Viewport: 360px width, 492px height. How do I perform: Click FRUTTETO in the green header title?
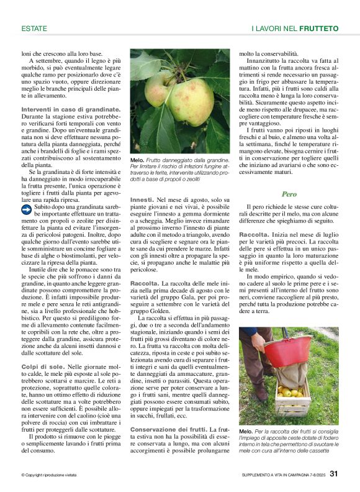click(x=318, y=29)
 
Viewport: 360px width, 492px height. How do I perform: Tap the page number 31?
click(x=334, y=475)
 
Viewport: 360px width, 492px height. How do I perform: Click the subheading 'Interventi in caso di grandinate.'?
click(x=71, y=109)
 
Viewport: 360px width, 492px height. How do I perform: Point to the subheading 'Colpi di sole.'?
click(x=43, y=368)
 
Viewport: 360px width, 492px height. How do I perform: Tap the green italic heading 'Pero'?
click(x=289, y=194)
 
